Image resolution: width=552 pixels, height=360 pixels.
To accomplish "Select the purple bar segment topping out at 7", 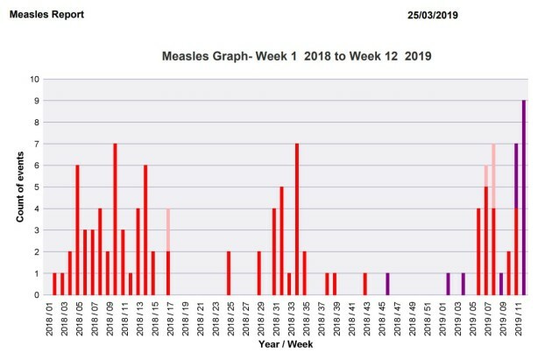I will point(516,175).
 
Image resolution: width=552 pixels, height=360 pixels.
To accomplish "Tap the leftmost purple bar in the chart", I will point(387,284).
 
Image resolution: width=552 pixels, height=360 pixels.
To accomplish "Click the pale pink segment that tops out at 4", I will point(167,229).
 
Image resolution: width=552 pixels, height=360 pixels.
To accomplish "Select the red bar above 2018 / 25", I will point(229,273).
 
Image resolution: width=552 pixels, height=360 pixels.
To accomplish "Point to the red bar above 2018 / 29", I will point(259,273).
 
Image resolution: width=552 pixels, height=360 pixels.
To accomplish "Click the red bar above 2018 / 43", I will point(364,284).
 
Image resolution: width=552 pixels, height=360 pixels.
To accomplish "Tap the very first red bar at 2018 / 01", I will point(54,284).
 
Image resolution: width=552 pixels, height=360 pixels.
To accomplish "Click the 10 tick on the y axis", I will point(33,79).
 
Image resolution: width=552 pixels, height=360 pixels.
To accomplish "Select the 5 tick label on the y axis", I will point(36,187).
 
